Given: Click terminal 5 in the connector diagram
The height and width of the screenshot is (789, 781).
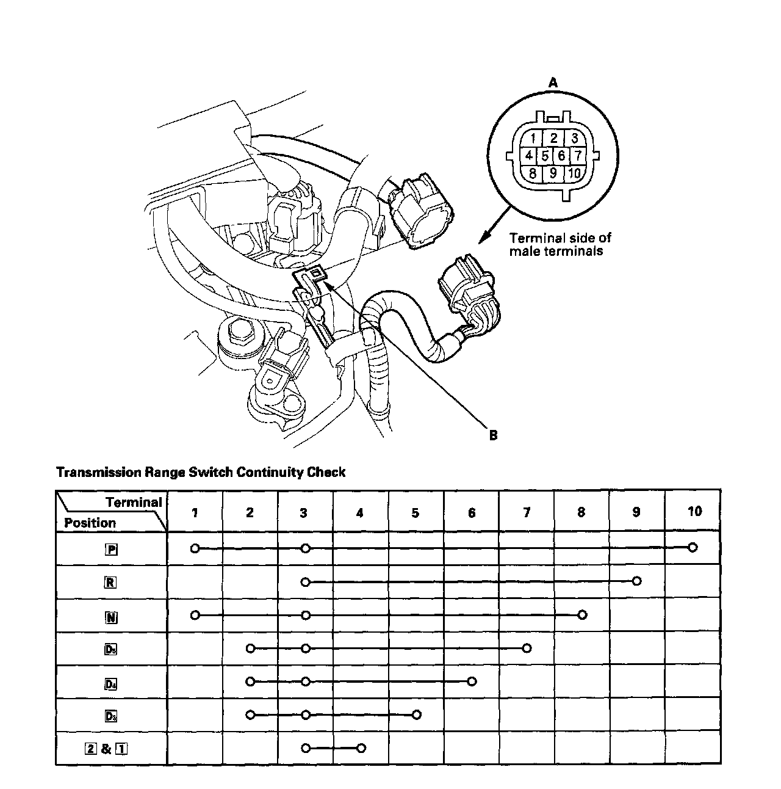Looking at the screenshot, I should [545, 155].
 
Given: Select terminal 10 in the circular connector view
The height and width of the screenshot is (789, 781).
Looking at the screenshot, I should [574, 173].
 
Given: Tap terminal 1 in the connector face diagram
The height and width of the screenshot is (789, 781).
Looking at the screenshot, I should [533, 138].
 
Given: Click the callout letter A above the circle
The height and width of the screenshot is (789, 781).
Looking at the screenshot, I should [553, 82].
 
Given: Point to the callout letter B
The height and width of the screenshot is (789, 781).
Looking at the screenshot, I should [493, 435].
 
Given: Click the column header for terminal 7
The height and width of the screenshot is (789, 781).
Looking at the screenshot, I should [527, 512].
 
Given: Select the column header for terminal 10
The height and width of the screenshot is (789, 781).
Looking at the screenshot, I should [694, 511].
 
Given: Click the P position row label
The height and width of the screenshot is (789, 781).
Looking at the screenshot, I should [111, 549].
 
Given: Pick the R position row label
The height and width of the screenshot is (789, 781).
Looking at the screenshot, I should [110, 582].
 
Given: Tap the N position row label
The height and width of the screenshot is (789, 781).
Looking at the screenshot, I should [111, 617].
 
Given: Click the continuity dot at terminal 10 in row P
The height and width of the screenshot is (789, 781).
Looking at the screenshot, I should [692, 548].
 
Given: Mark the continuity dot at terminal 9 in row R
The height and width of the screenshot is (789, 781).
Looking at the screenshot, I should [637, 581].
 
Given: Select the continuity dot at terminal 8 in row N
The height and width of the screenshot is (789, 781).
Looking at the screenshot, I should [582, 615].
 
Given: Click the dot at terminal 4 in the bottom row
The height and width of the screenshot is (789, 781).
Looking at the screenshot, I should [361, 747].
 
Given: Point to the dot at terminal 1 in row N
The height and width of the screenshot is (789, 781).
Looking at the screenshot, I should [195, 615].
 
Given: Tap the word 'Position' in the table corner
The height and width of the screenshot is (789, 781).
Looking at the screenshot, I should [90, 523].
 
